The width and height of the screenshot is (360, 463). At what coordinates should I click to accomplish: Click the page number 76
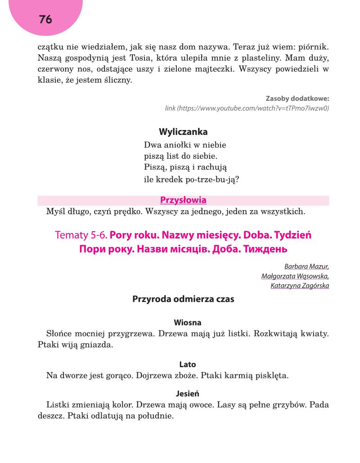[45, 19]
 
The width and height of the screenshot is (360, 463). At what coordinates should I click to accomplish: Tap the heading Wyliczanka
[183, 132]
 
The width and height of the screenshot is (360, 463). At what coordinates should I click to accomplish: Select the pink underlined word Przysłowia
[183, 200]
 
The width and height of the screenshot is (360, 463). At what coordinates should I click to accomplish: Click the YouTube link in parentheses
[247, 108]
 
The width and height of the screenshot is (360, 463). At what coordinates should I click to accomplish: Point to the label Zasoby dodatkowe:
[297, 98]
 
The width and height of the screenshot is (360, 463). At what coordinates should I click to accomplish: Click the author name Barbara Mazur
[306, 266]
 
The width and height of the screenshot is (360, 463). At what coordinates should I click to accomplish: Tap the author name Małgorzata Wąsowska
[295, 276]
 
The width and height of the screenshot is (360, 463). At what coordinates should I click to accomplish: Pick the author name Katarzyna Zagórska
[300, 286]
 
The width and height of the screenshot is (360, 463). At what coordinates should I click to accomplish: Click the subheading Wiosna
[187, 323]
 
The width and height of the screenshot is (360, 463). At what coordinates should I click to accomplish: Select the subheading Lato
[187, 364]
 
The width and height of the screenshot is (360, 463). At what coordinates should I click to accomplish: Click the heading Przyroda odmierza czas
[183, 299]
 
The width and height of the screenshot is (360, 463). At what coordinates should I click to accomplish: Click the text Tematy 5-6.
[81, 235]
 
